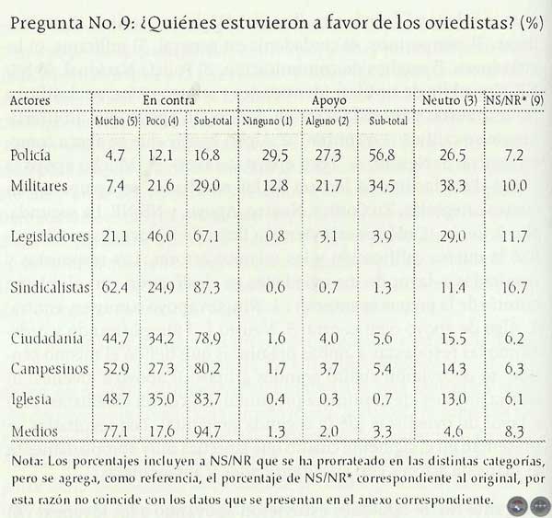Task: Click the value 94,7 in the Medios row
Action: click(211, 429)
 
